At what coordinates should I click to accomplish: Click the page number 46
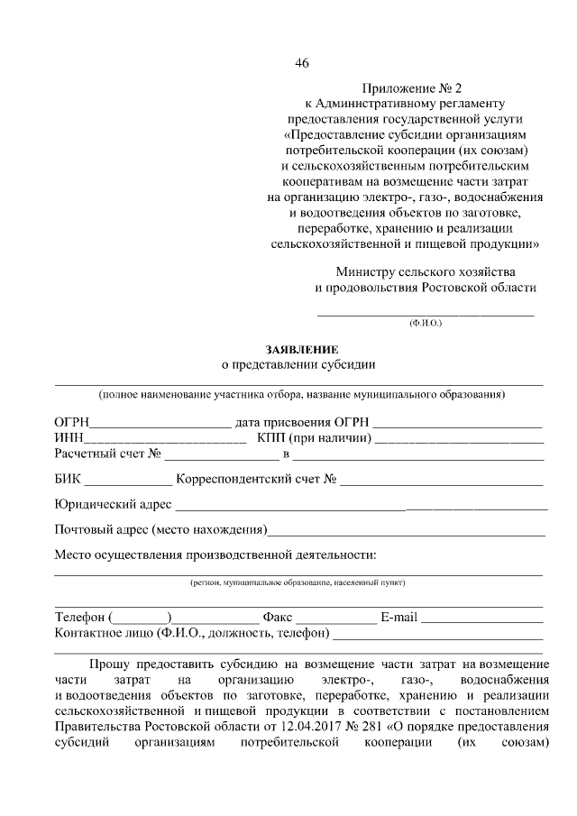tap(301, 62)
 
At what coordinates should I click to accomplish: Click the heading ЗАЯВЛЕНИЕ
tap(301, 349)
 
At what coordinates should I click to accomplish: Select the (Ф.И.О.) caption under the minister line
tap(425, 322)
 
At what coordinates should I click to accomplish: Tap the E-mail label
tap(399, 618)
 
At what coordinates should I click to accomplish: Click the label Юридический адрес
tap(113, 504)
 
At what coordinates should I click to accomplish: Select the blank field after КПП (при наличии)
tap(459, 439)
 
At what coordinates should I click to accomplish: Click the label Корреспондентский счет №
tap(257, 480)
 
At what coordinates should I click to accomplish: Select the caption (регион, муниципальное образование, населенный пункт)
tap(298, 583)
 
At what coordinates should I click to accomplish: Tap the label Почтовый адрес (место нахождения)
tap(160, 528)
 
